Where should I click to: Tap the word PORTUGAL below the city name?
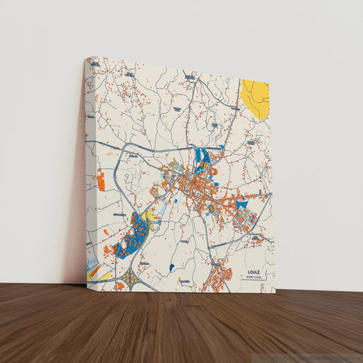(x=254, y=278)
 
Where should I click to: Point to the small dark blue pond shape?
(x=172, y=267)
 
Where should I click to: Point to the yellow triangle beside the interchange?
(x=104, y=277)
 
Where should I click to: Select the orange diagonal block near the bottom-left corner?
(x=93, y=271)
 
